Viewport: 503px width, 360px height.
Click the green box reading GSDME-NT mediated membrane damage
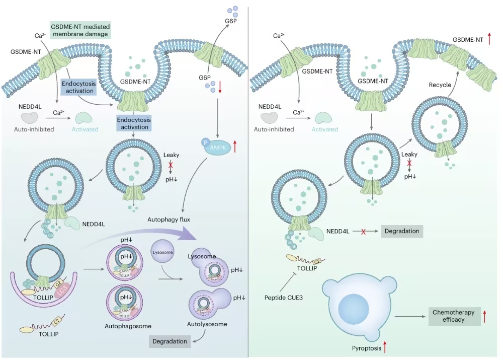coord(81,30)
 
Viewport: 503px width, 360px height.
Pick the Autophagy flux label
coord(168,220)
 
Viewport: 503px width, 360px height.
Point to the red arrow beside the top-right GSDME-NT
coord(489,39)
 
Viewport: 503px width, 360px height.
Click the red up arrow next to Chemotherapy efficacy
coord(484,316)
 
